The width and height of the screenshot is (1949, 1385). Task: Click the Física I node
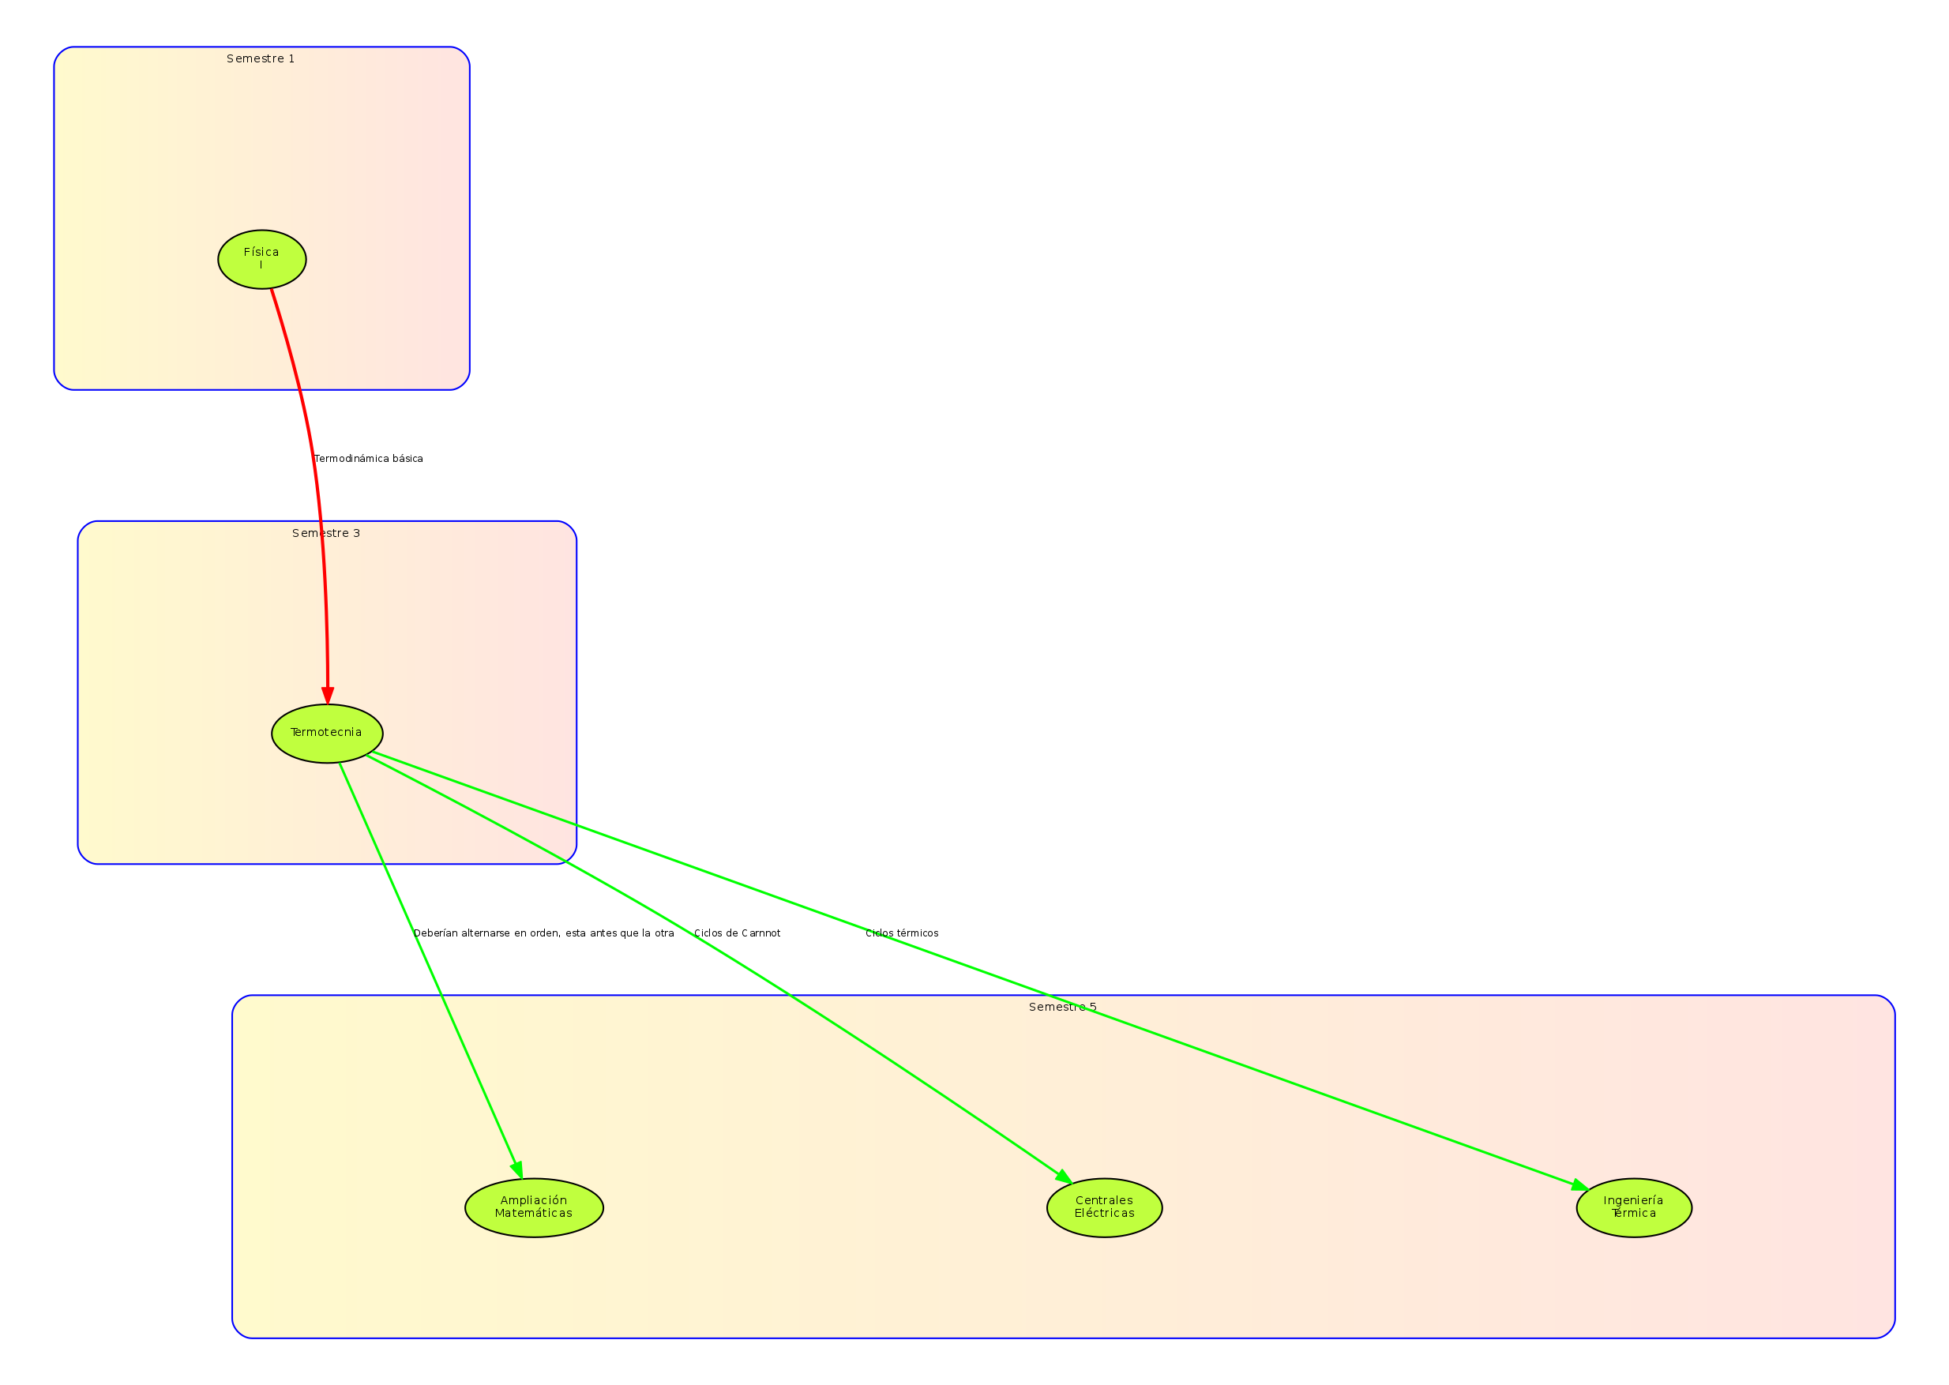[262, 259]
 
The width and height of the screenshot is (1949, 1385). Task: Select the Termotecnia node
[327, 734]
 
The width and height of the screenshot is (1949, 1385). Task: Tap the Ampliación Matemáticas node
[534, 1207]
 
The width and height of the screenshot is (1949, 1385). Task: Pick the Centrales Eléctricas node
[1105, 1207]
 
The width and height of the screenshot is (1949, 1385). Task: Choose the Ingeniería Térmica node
[1634, 1207]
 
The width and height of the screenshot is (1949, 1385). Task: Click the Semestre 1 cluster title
[261, 59]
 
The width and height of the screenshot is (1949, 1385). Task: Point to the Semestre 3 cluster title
[327, 533]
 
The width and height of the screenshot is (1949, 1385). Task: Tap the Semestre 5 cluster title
[1063, 1008]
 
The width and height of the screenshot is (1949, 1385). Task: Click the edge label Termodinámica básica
[369, 459]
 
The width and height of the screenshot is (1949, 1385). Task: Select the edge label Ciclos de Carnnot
[737, 933]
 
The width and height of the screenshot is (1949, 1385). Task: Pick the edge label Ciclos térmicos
[902, 933]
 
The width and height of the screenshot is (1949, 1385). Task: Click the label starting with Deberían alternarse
[543, 933]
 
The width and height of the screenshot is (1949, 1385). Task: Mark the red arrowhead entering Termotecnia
[327, 694]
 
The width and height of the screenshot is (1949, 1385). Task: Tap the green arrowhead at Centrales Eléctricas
[1064, 1176]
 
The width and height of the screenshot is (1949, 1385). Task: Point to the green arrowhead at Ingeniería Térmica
[1579, 1185]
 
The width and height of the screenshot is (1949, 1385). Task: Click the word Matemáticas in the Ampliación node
[534, 1214]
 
